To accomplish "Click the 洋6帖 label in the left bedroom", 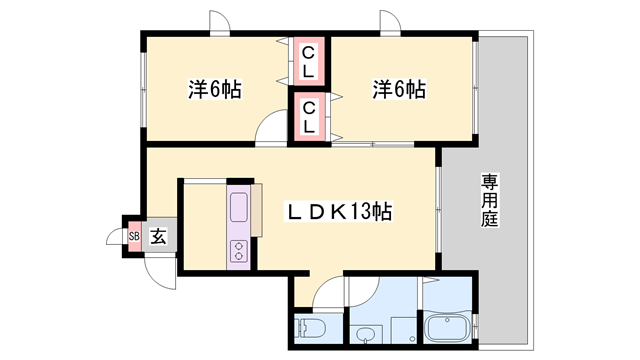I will [214, 89].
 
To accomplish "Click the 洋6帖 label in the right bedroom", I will [400, 89].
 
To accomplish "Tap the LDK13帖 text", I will [340, 212].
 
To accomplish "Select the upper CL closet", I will [310, 61].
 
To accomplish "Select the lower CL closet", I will [310, 117].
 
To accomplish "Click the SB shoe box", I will [133, 236].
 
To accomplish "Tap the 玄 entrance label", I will [158, 236].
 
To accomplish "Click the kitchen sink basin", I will [240, 209].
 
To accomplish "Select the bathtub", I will [449, 327].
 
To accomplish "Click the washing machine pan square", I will [402, 329].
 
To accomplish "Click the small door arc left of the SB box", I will [115, 237].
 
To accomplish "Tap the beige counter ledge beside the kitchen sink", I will [257, 209].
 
